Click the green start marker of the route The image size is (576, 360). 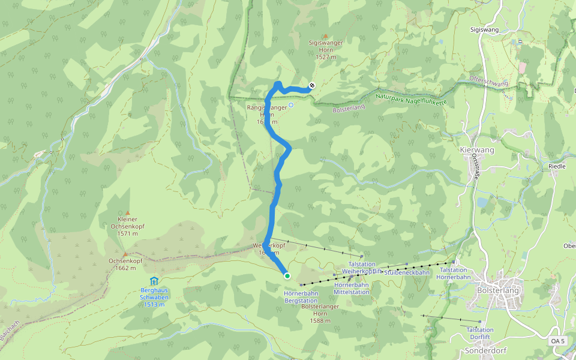[287, 276]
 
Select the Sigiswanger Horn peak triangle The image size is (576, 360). [326, 36]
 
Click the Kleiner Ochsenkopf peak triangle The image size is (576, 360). [127, 212]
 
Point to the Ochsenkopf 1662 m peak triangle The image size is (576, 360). [125, 254]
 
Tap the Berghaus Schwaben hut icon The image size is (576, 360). [154, 281]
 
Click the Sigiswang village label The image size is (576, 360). [485, 29]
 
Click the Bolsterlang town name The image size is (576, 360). [498, 290]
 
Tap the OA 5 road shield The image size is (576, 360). [558, 341]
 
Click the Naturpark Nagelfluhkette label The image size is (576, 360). [412, 99]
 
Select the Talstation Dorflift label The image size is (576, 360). [480, 333]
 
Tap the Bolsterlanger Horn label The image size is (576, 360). [321, 313]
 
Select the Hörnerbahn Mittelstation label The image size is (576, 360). [352, 288]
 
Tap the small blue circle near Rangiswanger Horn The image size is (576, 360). [291, 105]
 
